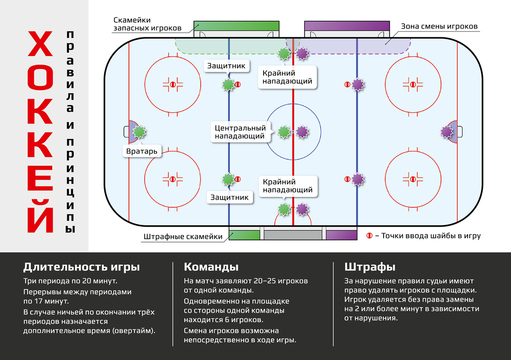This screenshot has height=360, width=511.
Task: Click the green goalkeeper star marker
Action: (x=139, y=132)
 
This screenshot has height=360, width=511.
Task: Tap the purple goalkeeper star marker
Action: (x=446, y=132)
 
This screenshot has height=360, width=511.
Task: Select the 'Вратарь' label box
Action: (x=142, y=151)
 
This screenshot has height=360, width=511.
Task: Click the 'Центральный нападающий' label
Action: (x=241, y=132)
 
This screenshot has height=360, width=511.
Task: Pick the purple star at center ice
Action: (x=302, y=132)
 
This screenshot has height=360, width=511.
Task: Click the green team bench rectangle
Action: (x=237, y=26)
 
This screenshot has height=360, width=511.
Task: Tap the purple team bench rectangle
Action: (x=347, y=26)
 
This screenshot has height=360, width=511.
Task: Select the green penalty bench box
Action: (x=244, y=235)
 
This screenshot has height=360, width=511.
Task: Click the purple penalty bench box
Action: (x=342, y=235)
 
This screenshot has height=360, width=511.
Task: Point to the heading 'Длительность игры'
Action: (x=81, y=267)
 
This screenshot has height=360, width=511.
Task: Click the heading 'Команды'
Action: (x=211, y=267)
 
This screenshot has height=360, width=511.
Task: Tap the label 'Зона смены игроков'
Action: (x=439, y=26)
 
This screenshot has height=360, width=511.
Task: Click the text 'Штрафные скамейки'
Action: (x=183, y=237)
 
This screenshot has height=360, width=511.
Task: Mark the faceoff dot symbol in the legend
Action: (x=370, y=235)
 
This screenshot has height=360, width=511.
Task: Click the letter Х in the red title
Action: (x=41, y=44)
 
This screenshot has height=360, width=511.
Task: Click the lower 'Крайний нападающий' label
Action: (x=287, y=186)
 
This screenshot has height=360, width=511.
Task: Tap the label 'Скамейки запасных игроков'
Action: (x=147, y=24)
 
